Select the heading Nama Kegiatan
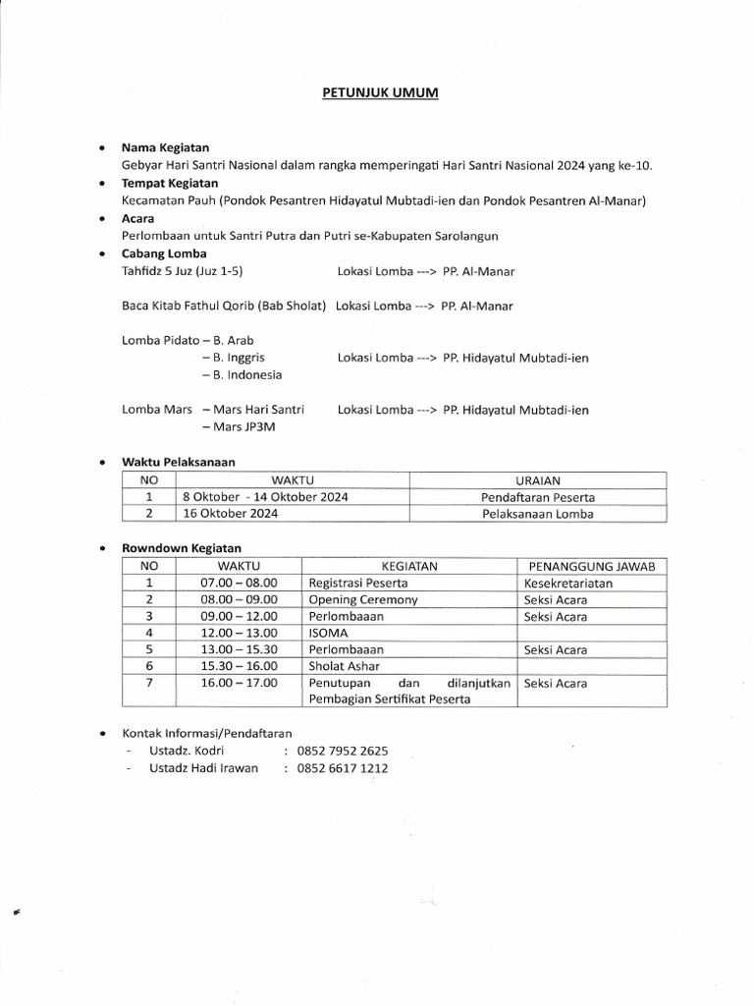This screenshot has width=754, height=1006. [165, 147]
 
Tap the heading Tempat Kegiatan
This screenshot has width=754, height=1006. [170, 183]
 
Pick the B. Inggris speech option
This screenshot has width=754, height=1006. [234, 358]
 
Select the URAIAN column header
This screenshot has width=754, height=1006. [537, 479]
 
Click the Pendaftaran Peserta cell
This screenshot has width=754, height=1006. [537, 496]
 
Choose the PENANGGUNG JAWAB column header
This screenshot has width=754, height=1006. [592, 566]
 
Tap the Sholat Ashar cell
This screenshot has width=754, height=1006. [345, 666]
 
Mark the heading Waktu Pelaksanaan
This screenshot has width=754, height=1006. [178, 461]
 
